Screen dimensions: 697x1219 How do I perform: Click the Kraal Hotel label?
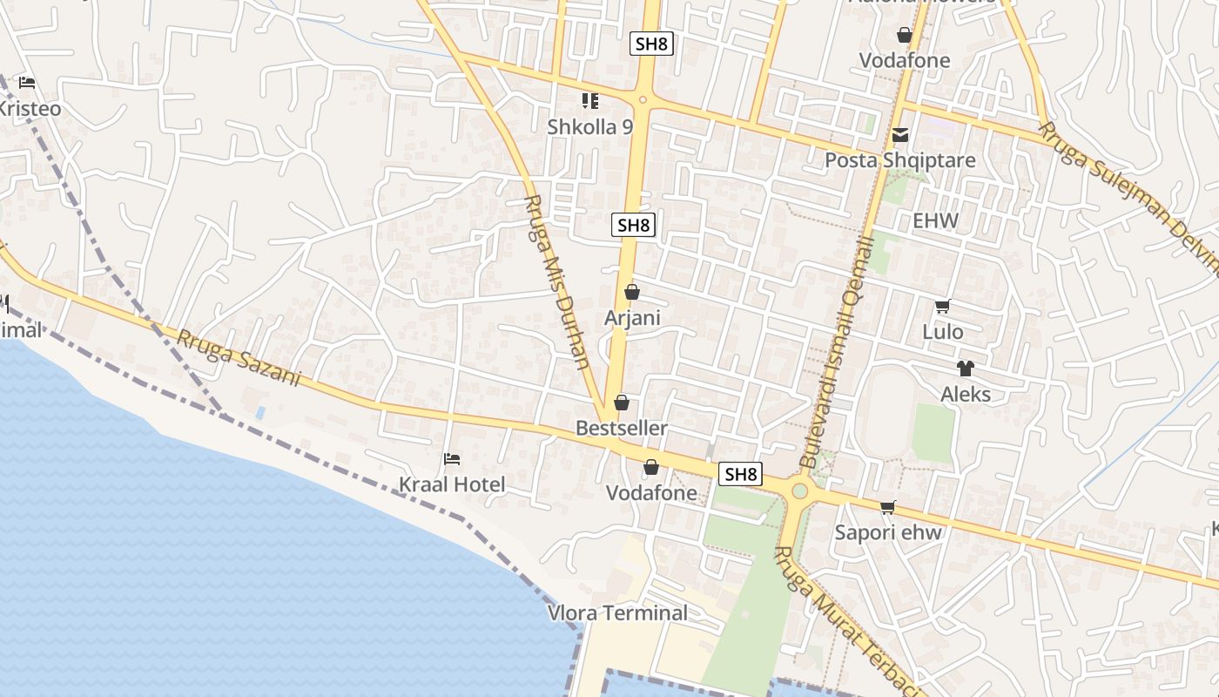tap(451, 484)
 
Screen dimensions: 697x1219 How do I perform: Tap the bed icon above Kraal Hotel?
tap(451, 459)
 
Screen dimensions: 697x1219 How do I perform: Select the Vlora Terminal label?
tap(617, 612)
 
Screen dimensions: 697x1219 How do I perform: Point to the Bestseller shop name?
tap(622, 428)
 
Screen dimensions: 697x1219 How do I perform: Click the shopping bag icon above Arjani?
tap(632, 292)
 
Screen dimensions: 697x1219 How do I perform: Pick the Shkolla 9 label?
tap(589, 126)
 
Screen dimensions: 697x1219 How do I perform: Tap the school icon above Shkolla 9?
tap(589, 101)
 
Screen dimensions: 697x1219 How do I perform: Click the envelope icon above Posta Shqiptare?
tap(900, 135)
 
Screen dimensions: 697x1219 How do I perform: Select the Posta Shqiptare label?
tap(900, 160)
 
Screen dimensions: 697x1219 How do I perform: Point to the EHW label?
tap(935, 220)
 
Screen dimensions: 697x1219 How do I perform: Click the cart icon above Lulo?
tap(942, 306)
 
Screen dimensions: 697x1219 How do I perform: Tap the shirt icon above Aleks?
tap(965, 369)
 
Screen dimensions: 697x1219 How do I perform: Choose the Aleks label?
tap(965, 394)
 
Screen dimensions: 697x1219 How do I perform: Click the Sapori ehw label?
tap(888, 532)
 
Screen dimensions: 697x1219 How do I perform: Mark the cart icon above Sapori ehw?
tap(888, 507)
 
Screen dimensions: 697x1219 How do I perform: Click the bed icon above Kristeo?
tap(27, 83)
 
